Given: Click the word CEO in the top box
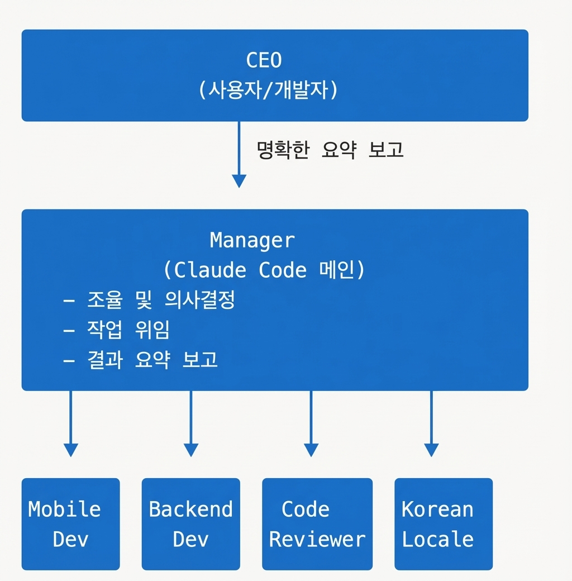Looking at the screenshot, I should (x=264, y=60).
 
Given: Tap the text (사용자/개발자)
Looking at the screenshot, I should (x=268, y=90).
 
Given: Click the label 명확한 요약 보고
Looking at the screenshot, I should (x=330, y=150).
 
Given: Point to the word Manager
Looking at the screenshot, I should (x=252, y=240).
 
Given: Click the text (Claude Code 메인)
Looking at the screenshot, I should (x=264, y=270).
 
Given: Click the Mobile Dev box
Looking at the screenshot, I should (x=71, y=524).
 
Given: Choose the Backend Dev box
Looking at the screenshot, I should (x=191, y=524).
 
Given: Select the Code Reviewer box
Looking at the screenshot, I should (x=317, y=524).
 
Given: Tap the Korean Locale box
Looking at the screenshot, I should (x=444, y=524).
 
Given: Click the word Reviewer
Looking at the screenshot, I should (x=317, y=540).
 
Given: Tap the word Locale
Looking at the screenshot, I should (x=438, y=540).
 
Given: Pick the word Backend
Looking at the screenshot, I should (x=191, y=509).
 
